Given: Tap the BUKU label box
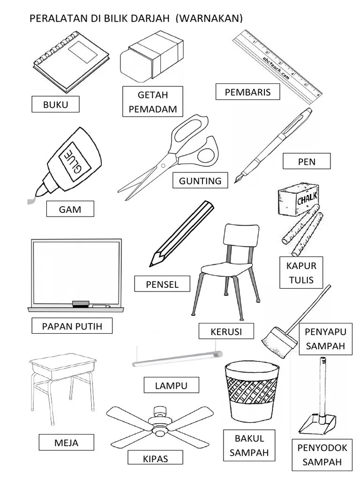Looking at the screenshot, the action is tap(55, 105).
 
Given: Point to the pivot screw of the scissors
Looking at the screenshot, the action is tap(163, 165).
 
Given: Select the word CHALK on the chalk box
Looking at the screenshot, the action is tap(307, 198).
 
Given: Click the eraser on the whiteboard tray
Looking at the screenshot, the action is tap(81, 304).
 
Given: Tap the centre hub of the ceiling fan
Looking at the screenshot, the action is tap(159, 426).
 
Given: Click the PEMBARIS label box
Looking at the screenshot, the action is tap(247, 92).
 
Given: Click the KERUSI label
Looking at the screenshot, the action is tap(226, 331).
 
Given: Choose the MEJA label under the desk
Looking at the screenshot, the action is tap(66, 442).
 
